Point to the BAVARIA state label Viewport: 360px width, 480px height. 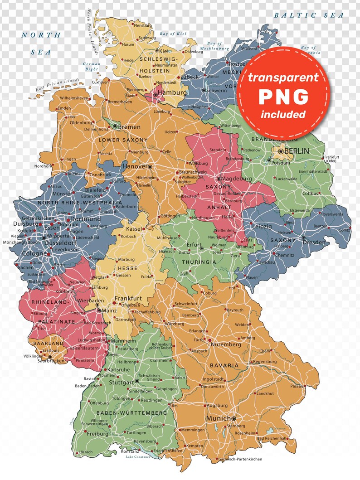click(x=224, y=365)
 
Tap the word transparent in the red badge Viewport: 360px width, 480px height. click(x=283, y=77)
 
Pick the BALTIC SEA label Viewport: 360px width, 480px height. click(x=309, y=15)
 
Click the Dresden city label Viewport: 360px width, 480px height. click(x=314, y=242)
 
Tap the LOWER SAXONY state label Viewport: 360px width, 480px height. click(x=123, y=141)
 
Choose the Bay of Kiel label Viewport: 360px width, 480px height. click(x=173, y=34)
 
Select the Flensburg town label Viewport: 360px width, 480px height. click(x=143, y=25)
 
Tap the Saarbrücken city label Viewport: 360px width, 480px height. click(x=37, y=361)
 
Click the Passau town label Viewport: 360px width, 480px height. click(x=296, y=386)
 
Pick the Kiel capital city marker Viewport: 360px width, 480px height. click(x=157, y=51)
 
